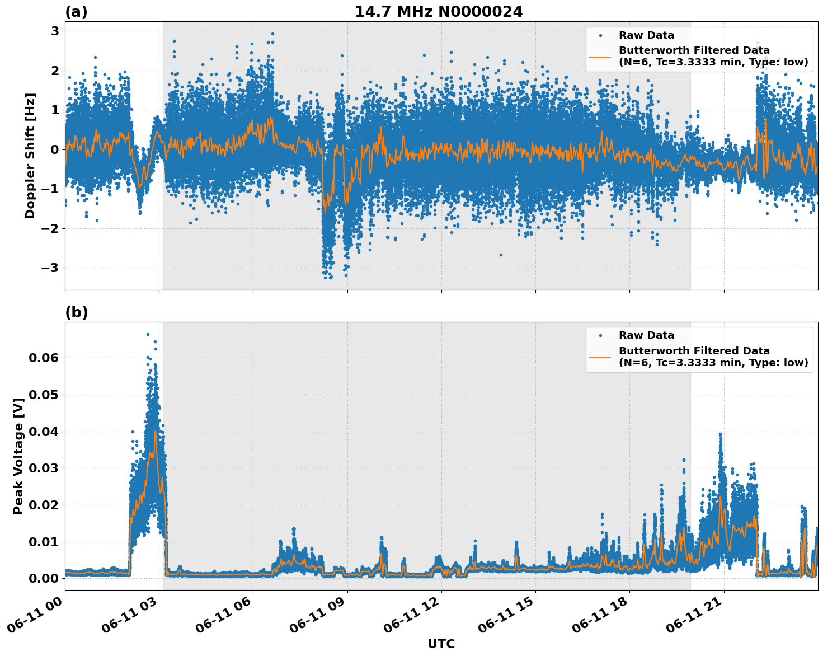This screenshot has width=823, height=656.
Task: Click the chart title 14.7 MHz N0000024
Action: click(x=439, y=12)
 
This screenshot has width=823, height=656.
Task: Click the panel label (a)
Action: click(x=76, y=12)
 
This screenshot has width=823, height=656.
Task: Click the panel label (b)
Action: click(x=76, y=312)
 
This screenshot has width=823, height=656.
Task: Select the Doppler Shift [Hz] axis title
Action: click(x=30, y=156)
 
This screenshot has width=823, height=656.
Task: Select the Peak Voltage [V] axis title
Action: click(x=18, y=456)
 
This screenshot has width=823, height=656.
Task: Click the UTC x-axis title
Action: click(x=441, y=644)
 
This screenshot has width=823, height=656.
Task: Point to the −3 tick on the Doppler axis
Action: click(x=48, y=268)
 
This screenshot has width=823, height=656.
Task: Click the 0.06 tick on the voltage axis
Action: click(x=44, y=358)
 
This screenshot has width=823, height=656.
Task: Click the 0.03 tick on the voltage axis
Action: click(x=44, y=468)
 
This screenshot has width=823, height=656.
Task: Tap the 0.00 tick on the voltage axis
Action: click(x=44, y=579)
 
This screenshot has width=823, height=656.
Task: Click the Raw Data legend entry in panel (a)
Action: click(x=646, y=35)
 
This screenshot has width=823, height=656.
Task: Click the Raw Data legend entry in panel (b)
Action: click(x=646, y=335)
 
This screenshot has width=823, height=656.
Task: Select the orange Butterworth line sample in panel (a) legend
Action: click(x=600, y=57)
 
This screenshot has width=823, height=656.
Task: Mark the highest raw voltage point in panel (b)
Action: click(x=148, y=334)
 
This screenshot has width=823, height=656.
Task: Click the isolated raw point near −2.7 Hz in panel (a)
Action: click(x=501, y=255)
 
